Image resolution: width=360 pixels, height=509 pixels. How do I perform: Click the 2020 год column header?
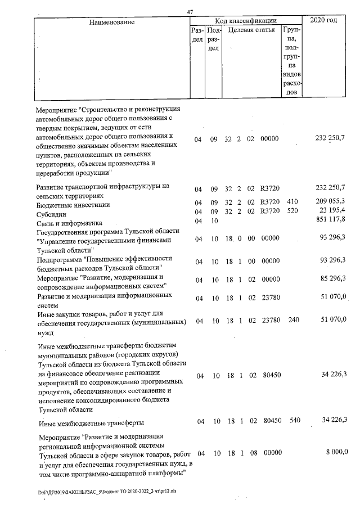[x=328, y=21]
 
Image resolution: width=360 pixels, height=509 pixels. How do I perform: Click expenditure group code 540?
[x=294, y=420]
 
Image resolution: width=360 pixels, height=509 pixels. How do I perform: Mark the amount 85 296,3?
[x=332, y=280]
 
